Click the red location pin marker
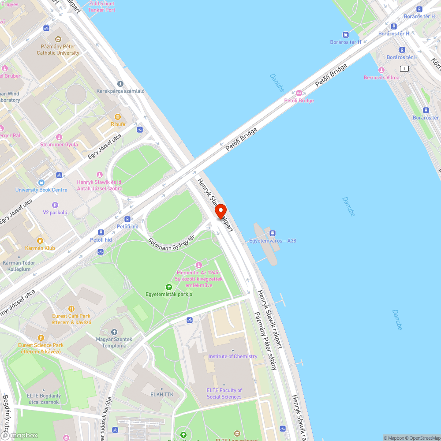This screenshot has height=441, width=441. click(220, 211)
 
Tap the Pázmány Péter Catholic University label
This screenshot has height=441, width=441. click(58, 50)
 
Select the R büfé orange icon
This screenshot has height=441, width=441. click(118, 117)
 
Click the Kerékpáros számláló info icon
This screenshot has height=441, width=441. click(120, 84)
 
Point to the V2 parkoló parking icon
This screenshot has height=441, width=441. click(55, 205)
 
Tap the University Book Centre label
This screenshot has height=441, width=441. click(41, 190)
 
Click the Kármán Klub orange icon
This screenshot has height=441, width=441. click(40, 241)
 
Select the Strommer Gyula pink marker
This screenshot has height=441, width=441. click(59, 137)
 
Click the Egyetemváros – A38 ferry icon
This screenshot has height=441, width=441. click(273, 233)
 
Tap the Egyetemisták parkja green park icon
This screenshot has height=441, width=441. click(169, 287)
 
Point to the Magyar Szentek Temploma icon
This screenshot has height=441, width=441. click(114, 332)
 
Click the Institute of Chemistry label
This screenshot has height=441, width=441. click(233, 356)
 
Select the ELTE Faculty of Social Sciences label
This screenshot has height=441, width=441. click(224, 393)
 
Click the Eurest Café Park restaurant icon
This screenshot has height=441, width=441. click(71, 309)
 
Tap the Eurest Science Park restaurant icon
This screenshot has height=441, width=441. click(41, 338)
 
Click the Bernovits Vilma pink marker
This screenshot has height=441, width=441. click(381, 70)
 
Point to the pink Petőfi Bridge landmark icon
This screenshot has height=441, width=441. click(299, 93)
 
